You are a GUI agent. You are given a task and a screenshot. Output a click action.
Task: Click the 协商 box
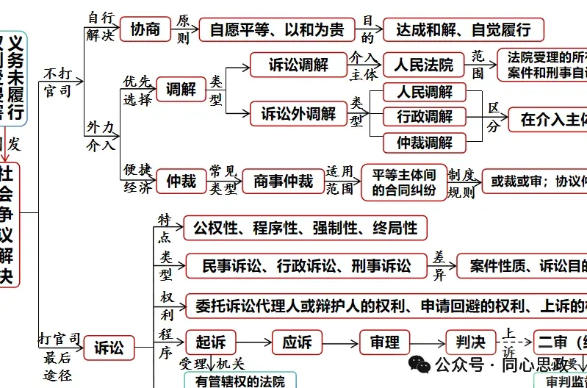[x=145, y=29]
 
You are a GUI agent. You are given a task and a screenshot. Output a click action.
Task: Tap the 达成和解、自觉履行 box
[x=464, y=30]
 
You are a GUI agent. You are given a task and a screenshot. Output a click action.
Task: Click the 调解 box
[x=181, y=90]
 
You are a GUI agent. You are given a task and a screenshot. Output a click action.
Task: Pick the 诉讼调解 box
[x=298, y=65]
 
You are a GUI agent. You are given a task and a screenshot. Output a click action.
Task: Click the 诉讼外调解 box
[x=298, y=114]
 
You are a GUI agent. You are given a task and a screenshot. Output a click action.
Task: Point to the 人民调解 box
[x=425, y=93]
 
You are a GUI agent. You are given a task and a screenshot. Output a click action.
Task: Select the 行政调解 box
[x=425, y=117]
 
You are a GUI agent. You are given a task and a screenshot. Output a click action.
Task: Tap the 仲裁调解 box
[x=425, y=142]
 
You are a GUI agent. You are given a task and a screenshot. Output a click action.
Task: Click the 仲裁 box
[x=181, y=180]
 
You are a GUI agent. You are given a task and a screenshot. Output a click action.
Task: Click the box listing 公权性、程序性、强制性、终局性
[x=305, y=228]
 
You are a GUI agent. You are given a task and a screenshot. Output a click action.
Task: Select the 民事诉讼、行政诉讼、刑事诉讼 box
[x=306, y=265]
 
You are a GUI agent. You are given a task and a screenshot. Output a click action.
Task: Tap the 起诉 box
[x=210, y=342]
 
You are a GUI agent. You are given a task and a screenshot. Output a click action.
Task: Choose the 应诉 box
[x=297, y=342]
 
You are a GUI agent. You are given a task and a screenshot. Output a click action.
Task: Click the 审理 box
[x=384, y=342]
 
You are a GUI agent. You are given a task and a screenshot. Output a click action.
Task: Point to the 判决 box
[x=471, y=342]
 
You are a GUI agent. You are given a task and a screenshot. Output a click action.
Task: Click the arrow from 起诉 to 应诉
[x=253, y=342]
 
